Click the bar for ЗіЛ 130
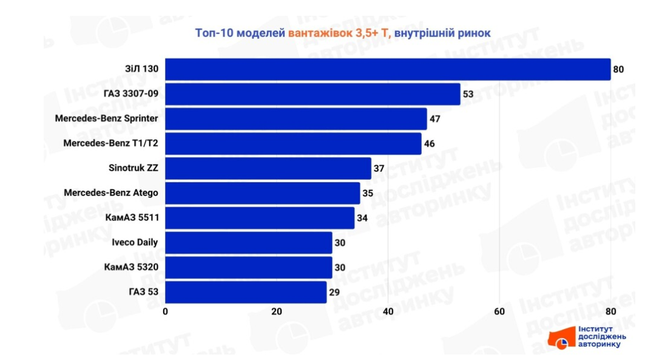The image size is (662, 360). (x=387, y=69)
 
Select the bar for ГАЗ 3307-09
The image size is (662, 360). (x=312, y=94)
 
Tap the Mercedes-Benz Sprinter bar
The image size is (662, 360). (x=296, y=119)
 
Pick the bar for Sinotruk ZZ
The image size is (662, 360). (x=268, y=168)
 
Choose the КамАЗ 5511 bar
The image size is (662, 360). (x=259, y=218)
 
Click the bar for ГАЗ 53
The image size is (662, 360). (x=246, y=292)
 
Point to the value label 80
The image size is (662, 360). (x=618, y=69)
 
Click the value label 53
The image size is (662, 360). (x=468, y=94)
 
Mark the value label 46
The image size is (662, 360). (x=429, y=144)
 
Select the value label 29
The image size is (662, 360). (x=334, y=292)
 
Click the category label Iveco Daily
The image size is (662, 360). (x=135, y=242)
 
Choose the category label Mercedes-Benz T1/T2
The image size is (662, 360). (x=110, y=144)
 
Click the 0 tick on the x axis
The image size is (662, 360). (x=165, y=311)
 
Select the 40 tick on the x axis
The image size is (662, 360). (x=388, y=311)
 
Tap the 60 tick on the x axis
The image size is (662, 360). (x=499, y=311)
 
